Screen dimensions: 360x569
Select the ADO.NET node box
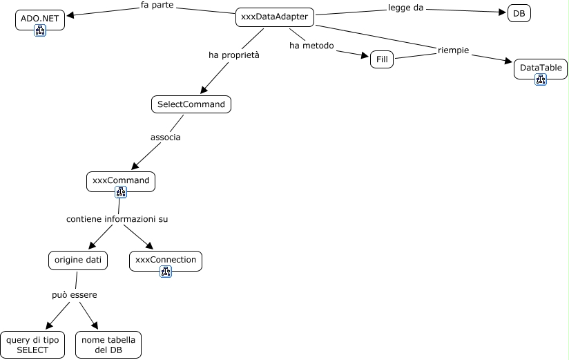pos(39,19)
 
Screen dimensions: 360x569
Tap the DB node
pos(519,13)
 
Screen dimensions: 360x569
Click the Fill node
pos(381,59)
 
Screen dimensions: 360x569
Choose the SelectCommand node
pos(191,104)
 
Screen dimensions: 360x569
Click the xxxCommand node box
pos(121,180)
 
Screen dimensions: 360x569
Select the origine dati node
pos(78,260)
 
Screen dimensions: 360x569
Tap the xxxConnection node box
pos(166,260)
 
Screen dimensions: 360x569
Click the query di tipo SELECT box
pos(32,345)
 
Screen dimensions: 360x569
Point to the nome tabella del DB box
pos(108,345)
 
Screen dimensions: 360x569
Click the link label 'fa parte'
pos(157,6)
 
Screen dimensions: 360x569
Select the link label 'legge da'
pos(405,8)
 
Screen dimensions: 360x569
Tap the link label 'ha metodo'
pos(311,46)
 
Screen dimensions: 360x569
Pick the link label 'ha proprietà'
pos(234,55)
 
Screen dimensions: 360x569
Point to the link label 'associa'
pos(166,137)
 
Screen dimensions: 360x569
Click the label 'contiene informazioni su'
pos(117,219)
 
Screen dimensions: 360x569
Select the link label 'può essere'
pos(74,295)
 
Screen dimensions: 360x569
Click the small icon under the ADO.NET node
pos(39,30)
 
